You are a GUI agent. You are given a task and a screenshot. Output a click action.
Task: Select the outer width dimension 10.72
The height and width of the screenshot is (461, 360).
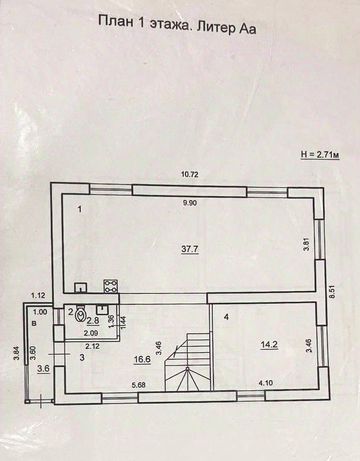tap(190, 175)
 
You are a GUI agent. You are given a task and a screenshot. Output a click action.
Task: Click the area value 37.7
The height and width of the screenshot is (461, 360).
tap(189, 249)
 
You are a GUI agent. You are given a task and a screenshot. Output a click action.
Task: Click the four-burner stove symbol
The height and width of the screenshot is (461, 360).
tap(111, 285)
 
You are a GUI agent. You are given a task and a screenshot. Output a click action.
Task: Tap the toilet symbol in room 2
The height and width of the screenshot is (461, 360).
tap(81, 313)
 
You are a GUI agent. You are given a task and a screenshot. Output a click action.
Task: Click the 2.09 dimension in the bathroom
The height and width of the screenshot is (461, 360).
tap(91, 333)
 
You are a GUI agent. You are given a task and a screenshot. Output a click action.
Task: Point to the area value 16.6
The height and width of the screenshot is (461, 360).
tap(141, 360)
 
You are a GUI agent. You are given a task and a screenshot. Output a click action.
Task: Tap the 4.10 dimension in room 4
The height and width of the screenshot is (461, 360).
tap(266, 381)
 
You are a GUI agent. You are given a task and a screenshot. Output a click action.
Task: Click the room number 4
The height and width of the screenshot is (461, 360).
tap(226, 317)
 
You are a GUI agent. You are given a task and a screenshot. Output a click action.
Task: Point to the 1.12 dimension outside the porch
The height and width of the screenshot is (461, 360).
tap(39, 295)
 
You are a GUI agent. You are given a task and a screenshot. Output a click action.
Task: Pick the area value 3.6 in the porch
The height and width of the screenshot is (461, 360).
tap(43, 369)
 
